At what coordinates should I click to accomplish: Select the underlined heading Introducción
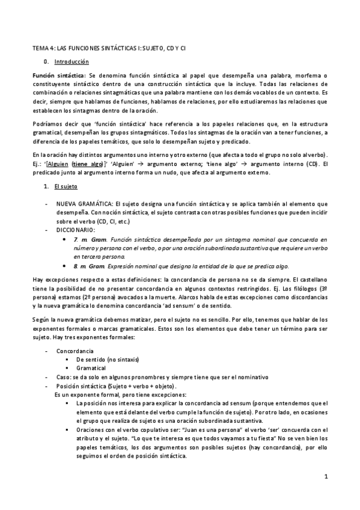72,62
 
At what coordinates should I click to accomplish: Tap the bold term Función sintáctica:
59,76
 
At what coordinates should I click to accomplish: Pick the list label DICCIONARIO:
76,230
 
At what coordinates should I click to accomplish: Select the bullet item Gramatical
91,367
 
